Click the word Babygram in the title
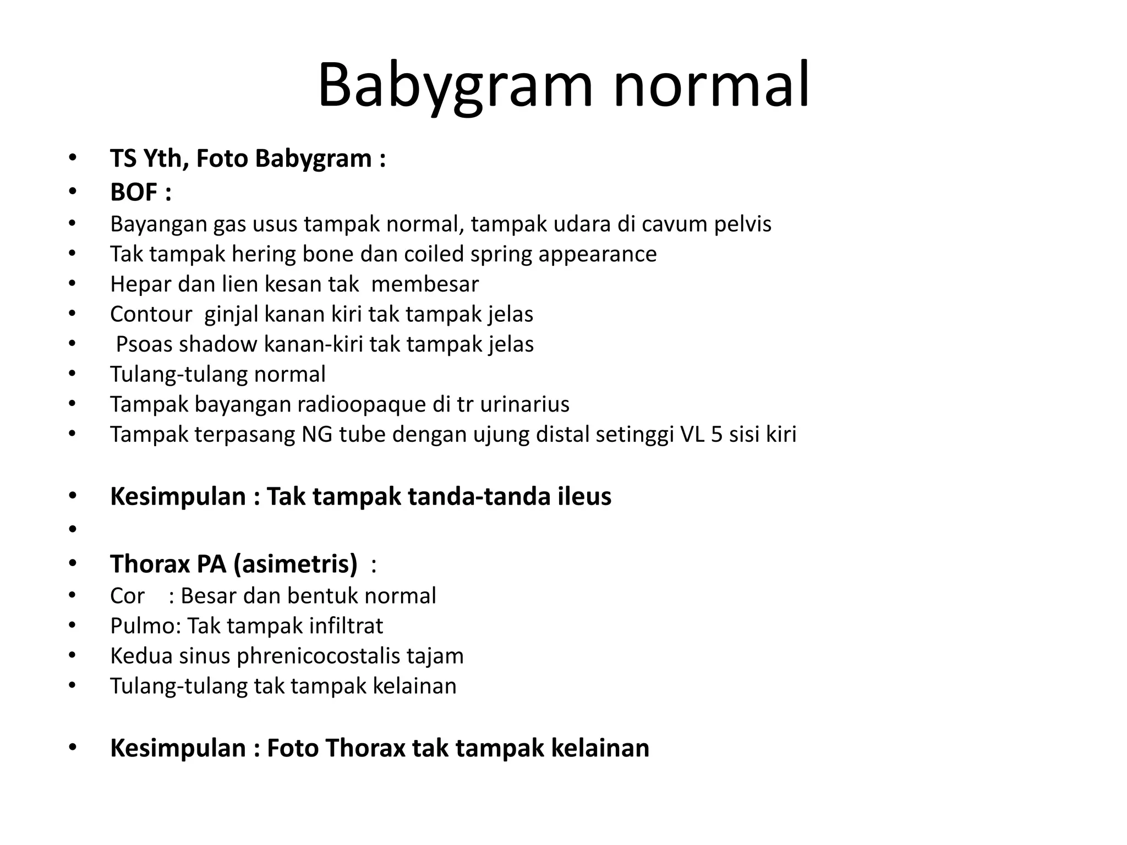455,85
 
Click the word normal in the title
711,85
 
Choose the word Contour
151,314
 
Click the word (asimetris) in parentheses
296,564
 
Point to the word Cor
127,596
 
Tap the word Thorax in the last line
365,749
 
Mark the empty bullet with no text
72,529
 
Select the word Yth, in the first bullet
162,159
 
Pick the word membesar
425,284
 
